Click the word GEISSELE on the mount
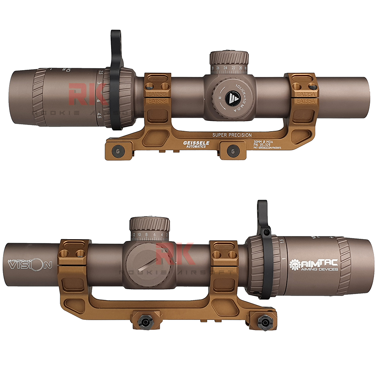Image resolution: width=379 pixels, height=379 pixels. point(195,143)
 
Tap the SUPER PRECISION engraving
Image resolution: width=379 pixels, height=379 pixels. point(232,135)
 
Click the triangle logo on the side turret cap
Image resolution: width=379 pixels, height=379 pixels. point(231,98)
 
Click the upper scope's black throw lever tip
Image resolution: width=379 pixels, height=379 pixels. point(114,36)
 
